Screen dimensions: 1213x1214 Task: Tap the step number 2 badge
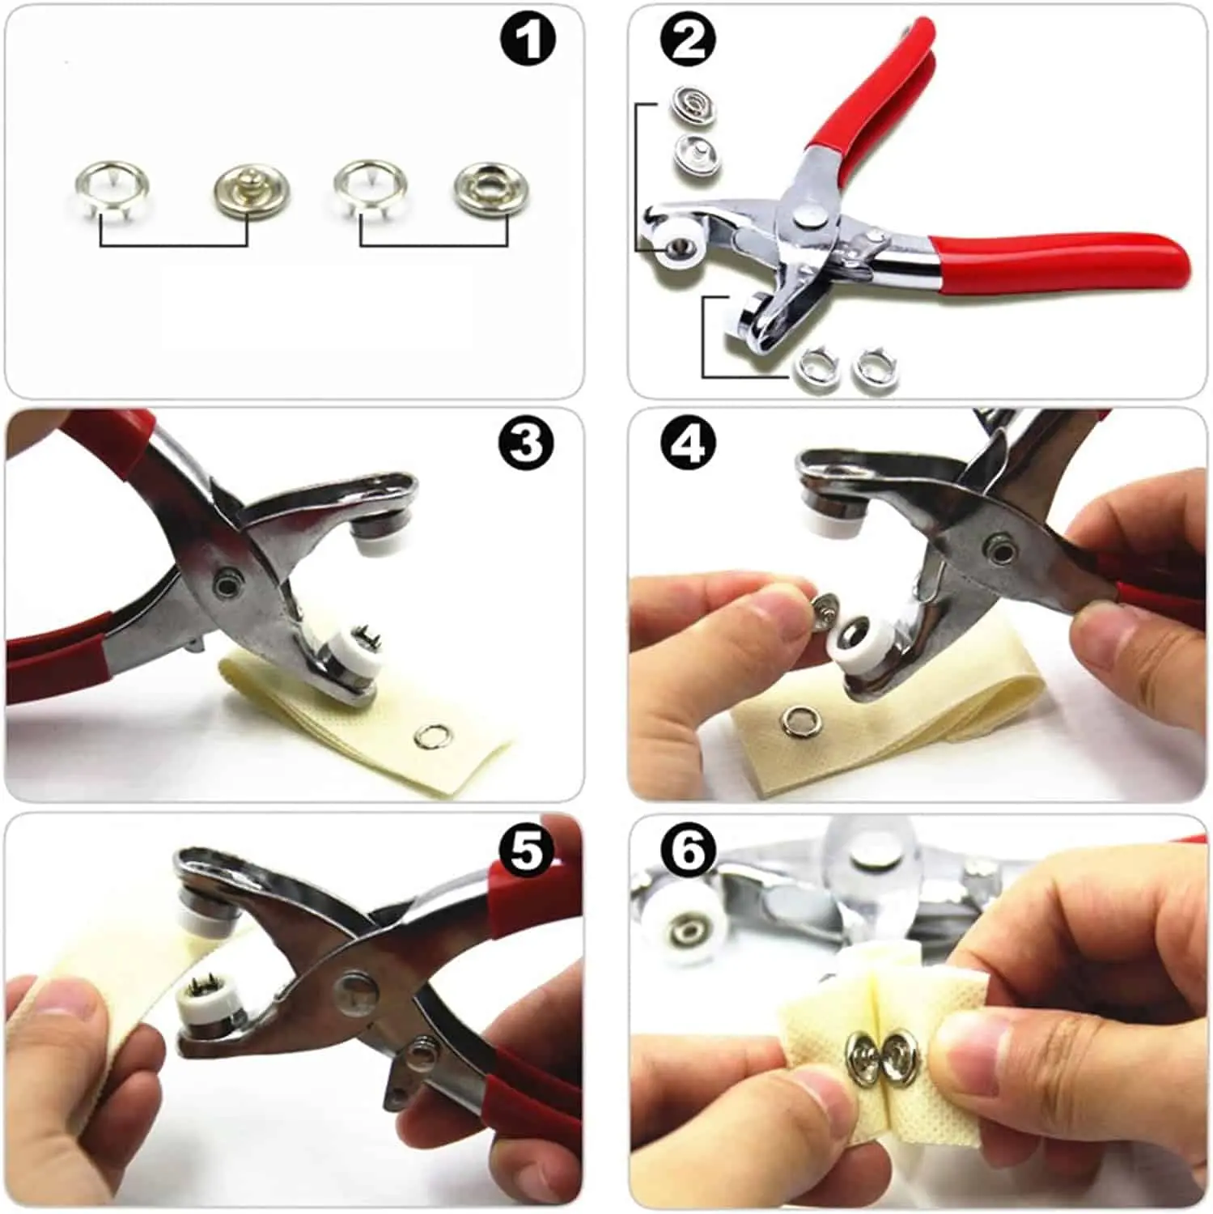[x=689, y=40]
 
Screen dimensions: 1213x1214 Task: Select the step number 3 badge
[x=527, y=444]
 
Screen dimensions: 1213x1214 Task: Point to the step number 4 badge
[x=689, y=444]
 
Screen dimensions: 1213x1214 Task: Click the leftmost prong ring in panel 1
[x=112, y=191]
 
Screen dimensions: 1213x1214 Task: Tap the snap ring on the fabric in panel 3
[x=429, y=736]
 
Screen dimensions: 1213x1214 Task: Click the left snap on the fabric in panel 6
[x=859, y=1052]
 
